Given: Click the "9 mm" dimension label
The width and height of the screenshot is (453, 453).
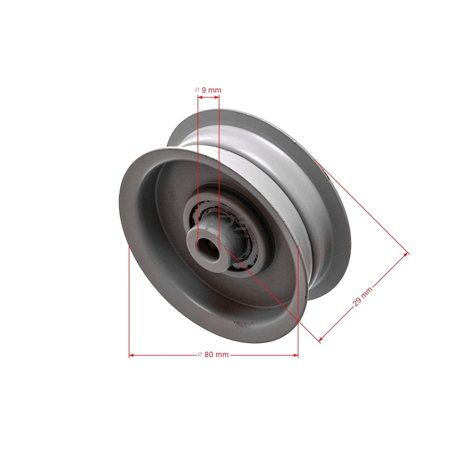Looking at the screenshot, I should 211,90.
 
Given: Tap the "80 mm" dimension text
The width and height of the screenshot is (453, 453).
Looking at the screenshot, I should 216,355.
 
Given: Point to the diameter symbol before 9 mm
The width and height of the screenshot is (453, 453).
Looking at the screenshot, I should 197,90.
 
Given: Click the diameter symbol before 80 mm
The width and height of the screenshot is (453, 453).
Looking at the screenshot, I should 200,355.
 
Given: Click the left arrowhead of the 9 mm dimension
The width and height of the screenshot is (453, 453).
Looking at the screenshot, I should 199,98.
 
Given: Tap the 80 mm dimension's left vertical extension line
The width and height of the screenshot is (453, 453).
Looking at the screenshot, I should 130,297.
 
